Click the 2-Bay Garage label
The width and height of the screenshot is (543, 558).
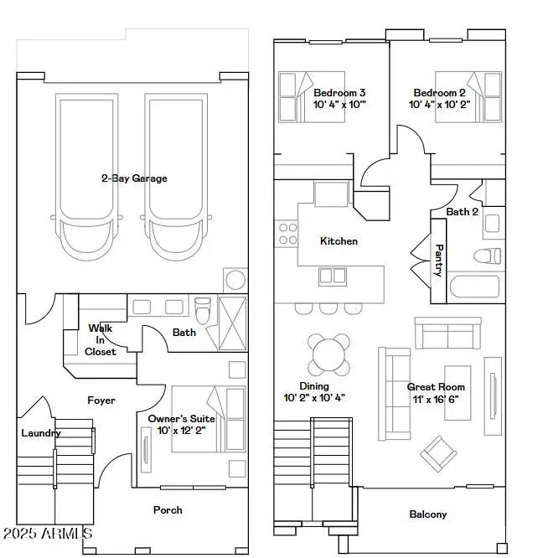coord(134,178)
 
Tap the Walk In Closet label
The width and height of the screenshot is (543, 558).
coord(101,340)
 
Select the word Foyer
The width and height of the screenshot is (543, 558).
coord(101,400)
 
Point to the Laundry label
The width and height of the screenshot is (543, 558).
coord(41,433)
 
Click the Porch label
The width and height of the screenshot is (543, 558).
coord(168,509)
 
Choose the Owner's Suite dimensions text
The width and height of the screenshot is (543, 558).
coord(182,430)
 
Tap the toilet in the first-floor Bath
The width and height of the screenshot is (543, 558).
coord(202,310)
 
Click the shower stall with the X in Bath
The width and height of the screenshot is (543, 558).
coord(232,322)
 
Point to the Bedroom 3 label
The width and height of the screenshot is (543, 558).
coord(339,93)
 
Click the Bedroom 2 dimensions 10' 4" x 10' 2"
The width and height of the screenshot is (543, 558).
coord(440,106)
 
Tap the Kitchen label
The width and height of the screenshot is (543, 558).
coord(339,241)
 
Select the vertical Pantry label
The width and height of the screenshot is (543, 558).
coord(438,261)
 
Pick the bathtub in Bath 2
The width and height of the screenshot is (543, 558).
coord(474,288)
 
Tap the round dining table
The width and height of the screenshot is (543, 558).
coord(328,355)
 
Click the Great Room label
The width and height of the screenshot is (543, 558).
coord(436,387)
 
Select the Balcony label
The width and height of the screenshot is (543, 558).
coord(427,514)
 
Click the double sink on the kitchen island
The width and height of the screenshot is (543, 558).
coord(332,275)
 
